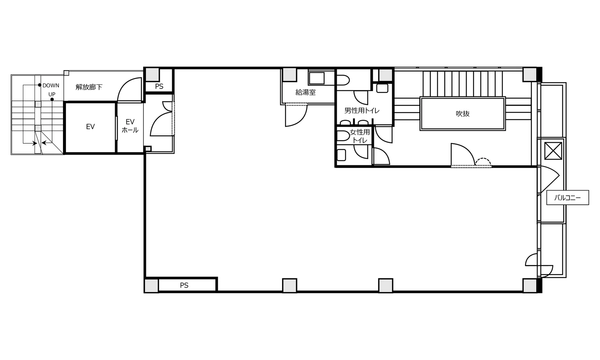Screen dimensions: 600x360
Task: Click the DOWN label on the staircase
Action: (51, 85)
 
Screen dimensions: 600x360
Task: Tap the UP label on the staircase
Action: (52, 94)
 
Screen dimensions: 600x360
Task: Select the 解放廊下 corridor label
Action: (89, 87)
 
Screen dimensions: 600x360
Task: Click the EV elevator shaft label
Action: (90, 127)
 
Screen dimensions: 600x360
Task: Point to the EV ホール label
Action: (130, 126)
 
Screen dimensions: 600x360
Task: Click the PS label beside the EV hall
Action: (159, 86)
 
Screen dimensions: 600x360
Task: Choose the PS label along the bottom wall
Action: (184, 285)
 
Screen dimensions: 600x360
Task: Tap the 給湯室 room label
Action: (306, 92)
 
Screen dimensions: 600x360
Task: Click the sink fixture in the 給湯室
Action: (316, 78)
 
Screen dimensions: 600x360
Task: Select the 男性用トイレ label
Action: (362, 110)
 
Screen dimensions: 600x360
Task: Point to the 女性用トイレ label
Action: (360, 136)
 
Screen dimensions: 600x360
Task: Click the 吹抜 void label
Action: (463, 114)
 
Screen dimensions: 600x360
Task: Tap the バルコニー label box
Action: (568, 198)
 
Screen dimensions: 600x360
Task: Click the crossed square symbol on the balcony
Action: (553, 151)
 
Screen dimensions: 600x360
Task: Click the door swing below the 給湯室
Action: (296, 115)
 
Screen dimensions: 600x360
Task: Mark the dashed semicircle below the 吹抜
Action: (483, 162)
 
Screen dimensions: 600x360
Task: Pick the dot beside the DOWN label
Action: (40, 85)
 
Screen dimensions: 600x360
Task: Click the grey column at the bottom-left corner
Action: (151, 285)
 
